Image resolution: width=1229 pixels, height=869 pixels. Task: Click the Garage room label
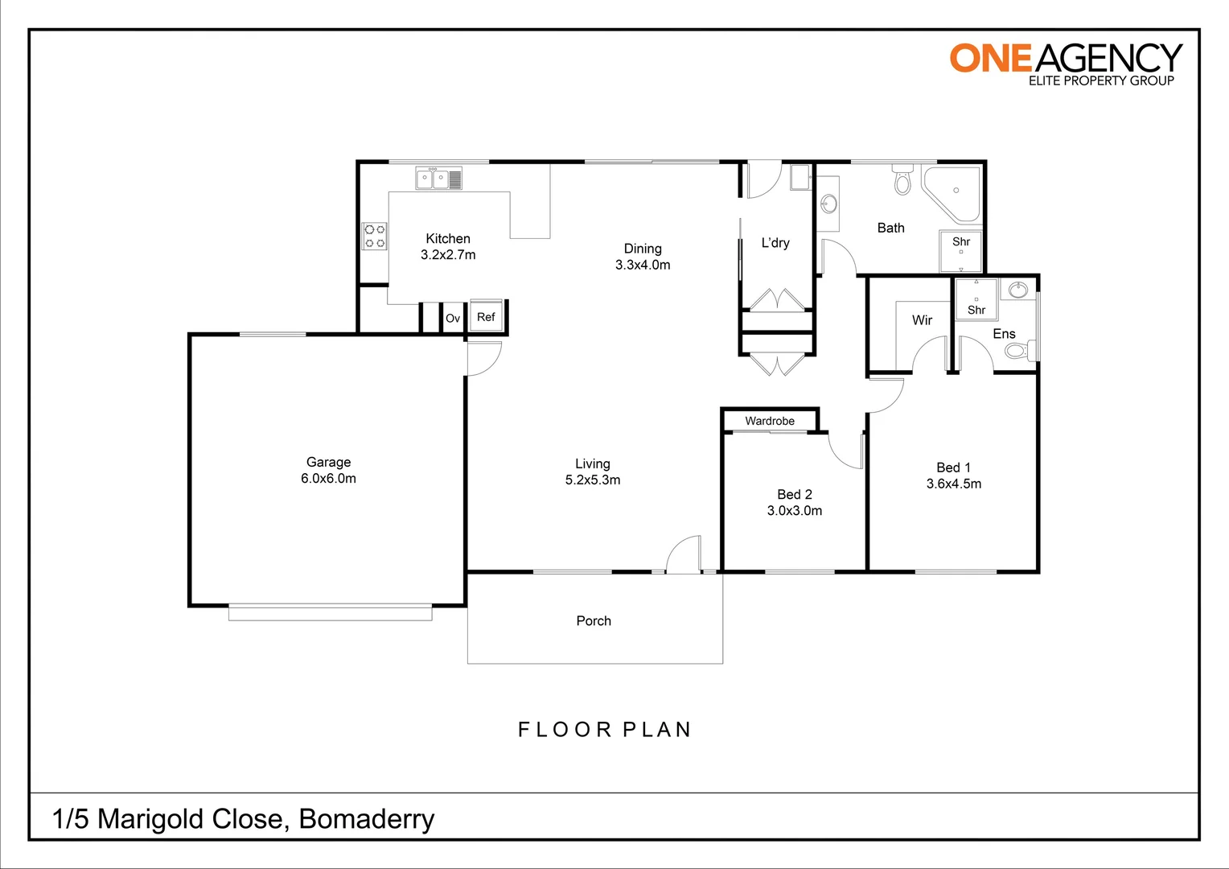click(x=328, y=462)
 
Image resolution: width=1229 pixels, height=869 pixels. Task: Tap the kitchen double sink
click(x=438, y=178)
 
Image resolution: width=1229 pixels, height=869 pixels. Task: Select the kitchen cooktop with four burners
click(x=375, y=236)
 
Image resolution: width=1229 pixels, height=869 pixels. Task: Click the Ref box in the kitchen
click(x=486, y=317)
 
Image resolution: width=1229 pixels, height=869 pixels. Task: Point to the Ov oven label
click(x=453, y=319)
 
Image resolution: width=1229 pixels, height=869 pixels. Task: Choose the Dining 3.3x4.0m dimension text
click(x=643, y=265)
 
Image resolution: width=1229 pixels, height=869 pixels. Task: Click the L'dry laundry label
click(x=775, y=243)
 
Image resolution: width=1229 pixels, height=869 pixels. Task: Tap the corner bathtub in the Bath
click(x=954, y=193)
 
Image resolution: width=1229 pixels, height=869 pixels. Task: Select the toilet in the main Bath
click(x=903, y=181)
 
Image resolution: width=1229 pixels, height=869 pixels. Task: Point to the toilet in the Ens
click(x=1019, y=351)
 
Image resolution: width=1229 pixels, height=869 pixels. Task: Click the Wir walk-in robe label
click(x=922, y=320)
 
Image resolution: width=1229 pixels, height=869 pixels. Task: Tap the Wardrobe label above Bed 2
click(x=770, y=421)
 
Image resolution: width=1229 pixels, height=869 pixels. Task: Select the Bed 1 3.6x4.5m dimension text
click(x=954, y=484)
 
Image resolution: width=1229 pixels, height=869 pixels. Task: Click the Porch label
click(x=594, y=620)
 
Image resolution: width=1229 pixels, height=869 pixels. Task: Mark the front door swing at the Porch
click(x=684, y=555)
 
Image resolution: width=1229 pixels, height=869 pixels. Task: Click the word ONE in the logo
click(x=990, y=59)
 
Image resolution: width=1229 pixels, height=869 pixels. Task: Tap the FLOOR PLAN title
click(x=605, y=730)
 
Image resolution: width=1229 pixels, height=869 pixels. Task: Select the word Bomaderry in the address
click(x=367, y=819)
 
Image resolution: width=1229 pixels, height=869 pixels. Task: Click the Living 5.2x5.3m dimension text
click(x=593, y=480)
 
